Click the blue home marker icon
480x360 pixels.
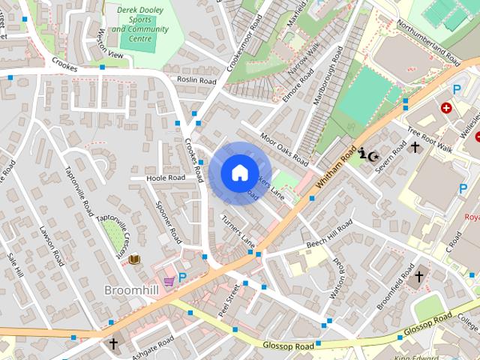pos(239,173)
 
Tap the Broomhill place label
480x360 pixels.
pos(130,289)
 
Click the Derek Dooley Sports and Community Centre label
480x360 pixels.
pos(142,22)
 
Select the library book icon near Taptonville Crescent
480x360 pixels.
pos(135,259)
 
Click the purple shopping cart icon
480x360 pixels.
pos(169,280)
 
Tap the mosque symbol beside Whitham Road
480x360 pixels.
pos(367,155)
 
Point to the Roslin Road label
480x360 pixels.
pos(196,79)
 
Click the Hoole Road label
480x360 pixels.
pos(166,178)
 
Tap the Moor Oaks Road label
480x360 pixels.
pos(284,148)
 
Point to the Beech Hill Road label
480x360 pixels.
pos(328,236)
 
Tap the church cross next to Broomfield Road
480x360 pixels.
pos(418,276)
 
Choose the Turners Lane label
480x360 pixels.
pos(238,229)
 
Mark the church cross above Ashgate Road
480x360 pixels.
pos(113,344)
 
